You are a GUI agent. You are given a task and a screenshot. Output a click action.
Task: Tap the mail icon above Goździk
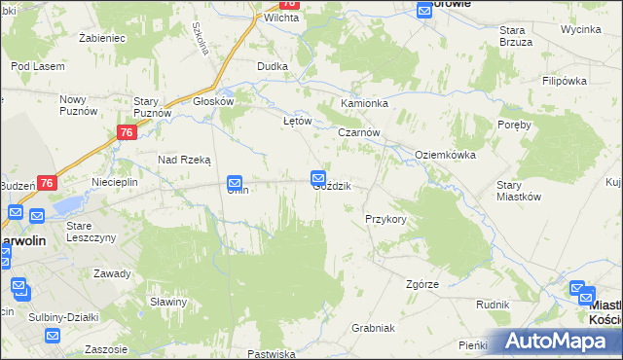point(318,177)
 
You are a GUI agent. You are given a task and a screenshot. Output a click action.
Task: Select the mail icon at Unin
point(235,182)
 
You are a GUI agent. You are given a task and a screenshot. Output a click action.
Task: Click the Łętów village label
point(296,122)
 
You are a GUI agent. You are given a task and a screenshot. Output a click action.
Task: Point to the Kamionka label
point(364,103)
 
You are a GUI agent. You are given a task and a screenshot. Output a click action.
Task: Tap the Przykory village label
point(385,219)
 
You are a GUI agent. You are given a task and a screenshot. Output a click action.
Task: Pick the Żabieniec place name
point(102,38)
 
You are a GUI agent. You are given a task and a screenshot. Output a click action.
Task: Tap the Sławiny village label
point(168,302)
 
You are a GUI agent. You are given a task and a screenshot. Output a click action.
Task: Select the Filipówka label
point(562,81)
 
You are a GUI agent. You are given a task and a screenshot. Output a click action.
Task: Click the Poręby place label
point(513,125)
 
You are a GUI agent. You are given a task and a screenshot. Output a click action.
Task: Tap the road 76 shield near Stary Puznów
point(126,132)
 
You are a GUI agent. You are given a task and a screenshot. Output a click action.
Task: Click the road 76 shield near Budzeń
point(49,182)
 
